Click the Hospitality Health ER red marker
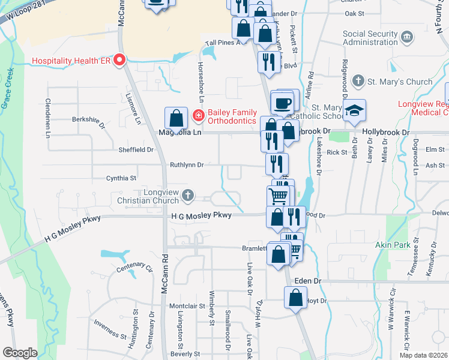point(119,60)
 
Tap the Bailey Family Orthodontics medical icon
point(197,115)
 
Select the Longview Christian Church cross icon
point(188,194)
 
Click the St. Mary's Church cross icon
point(358,80)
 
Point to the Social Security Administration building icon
point(408,38)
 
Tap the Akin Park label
point(408,245)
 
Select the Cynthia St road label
point(121,178)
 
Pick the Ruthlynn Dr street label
point(187,164)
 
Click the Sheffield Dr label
point(136,150)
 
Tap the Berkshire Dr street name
point(88,119)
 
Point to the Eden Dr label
point(309,281)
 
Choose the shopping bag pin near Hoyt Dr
point(296,298)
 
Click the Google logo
point(20,353)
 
